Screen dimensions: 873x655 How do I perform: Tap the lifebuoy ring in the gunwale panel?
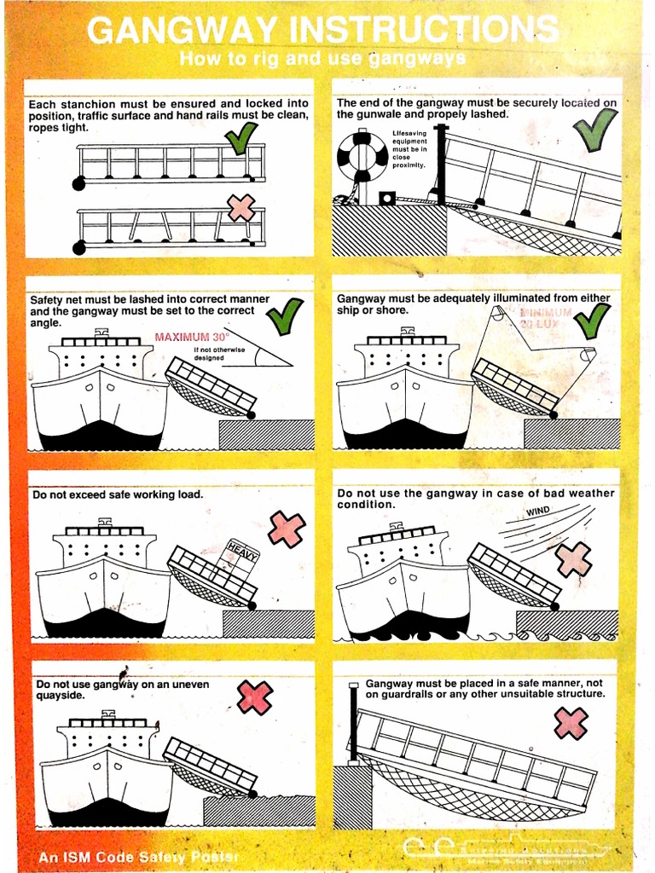362,157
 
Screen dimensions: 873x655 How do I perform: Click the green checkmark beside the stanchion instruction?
241,137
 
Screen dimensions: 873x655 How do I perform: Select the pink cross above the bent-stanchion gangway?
241,207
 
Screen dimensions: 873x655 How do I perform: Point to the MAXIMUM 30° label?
192,337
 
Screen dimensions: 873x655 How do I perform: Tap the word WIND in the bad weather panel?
538,512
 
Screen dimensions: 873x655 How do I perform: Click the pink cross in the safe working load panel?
287,529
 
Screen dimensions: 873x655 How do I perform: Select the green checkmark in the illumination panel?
592,321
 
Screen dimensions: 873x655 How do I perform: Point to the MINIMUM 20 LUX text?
545,319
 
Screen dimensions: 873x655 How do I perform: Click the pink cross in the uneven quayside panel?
254,697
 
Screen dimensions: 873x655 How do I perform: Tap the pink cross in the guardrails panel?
571,723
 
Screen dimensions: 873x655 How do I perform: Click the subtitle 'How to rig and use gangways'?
322,59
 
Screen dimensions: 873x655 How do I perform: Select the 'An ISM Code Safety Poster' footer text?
138,857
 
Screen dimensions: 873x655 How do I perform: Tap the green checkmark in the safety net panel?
284,316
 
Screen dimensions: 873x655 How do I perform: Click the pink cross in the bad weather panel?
573,559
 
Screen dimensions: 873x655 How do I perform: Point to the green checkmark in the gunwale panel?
595,129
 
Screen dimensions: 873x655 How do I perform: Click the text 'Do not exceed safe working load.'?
118,494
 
